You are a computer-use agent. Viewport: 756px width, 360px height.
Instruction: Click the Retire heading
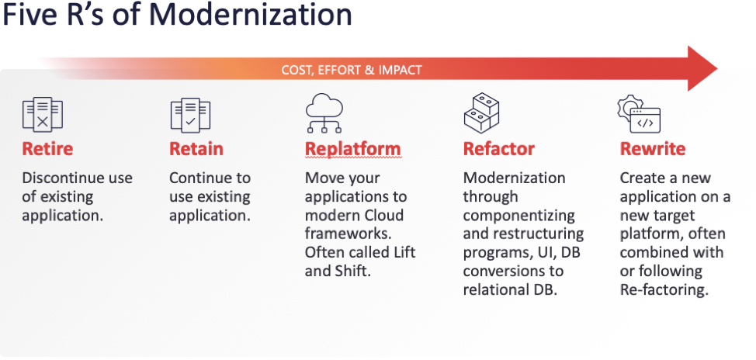(x=47, y=149)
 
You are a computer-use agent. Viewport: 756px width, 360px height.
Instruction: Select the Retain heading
(x=196, y=149)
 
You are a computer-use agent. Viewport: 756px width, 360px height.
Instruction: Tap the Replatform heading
(x=353, y=149)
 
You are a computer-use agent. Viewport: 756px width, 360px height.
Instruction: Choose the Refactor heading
(x=499, y=149)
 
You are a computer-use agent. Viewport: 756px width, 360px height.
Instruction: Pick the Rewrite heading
(x=652, y=149)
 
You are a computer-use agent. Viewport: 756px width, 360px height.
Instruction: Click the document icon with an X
(x=43, y=114)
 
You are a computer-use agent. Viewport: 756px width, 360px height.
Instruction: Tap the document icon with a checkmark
(x=190, y=114)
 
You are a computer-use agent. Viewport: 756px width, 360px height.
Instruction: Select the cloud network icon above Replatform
(x=324, y=112)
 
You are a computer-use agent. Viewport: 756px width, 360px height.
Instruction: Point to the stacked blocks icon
(x=481, y=113)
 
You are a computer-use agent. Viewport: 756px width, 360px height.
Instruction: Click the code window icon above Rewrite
(x=639, y=114)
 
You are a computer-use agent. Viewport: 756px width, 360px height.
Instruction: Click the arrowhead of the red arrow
(x=702, y=68)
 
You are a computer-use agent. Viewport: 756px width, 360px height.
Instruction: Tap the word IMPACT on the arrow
(x=401, y=71)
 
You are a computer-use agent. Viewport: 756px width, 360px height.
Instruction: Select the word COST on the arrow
(x=296, y=71)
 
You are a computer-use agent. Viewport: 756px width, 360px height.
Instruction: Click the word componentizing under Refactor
(x=518, y=216)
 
